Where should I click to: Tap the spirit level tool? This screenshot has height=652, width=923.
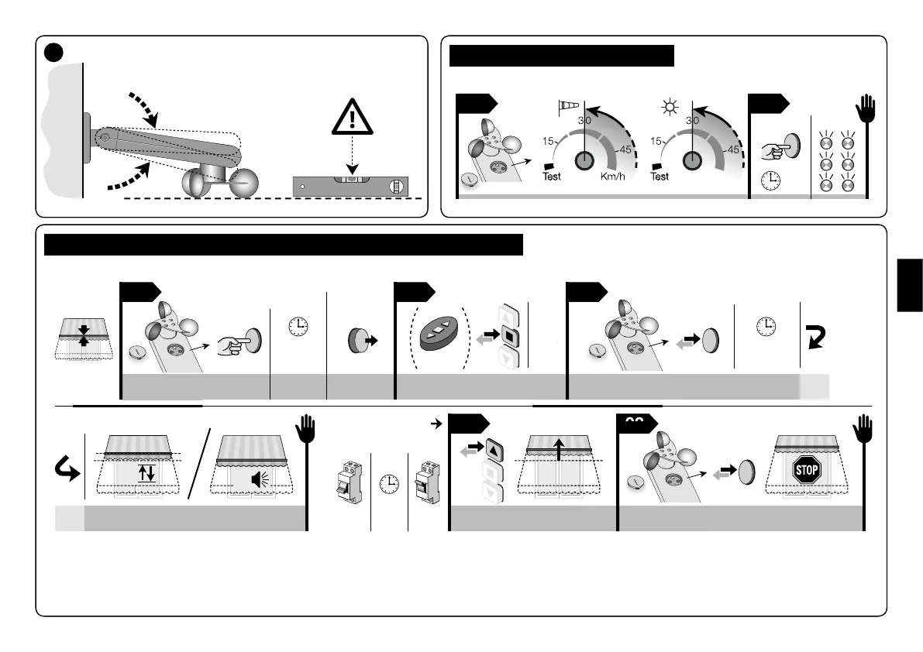coord(350,186)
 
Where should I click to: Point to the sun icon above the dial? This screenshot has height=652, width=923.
coord(668,105)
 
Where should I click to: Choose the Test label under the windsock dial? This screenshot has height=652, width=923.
coord(552,177)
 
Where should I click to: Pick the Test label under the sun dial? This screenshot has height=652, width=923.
coord(660,177)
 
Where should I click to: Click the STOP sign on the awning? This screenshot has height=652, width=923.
coord(806,469)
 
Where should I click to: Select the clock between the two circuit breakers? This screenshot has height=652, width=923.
coord(390,482)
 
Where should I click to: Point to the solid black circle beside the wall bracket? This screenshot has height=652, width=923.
coord(53,51)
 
